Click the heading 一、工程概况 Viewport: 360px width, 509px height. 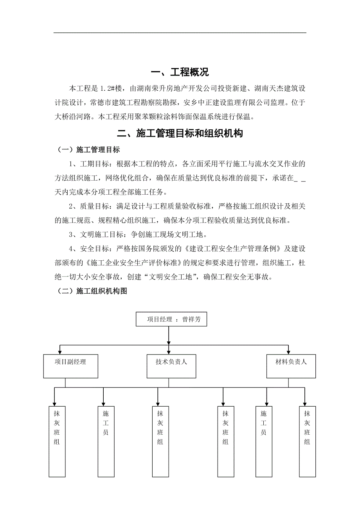[x=180, y=72]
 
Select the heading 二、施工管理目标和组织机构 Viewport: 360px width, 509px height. [x=180, y=133]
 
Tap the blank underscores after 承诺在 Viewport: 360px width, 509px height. [x=299, y=178]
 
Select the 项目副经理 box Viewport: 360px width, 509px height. [x=70, y=366]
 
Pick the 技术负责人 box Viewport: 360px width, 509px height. [x=171, y=366]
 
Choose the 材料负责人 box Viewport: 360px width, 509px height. [x=291, y=366]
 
